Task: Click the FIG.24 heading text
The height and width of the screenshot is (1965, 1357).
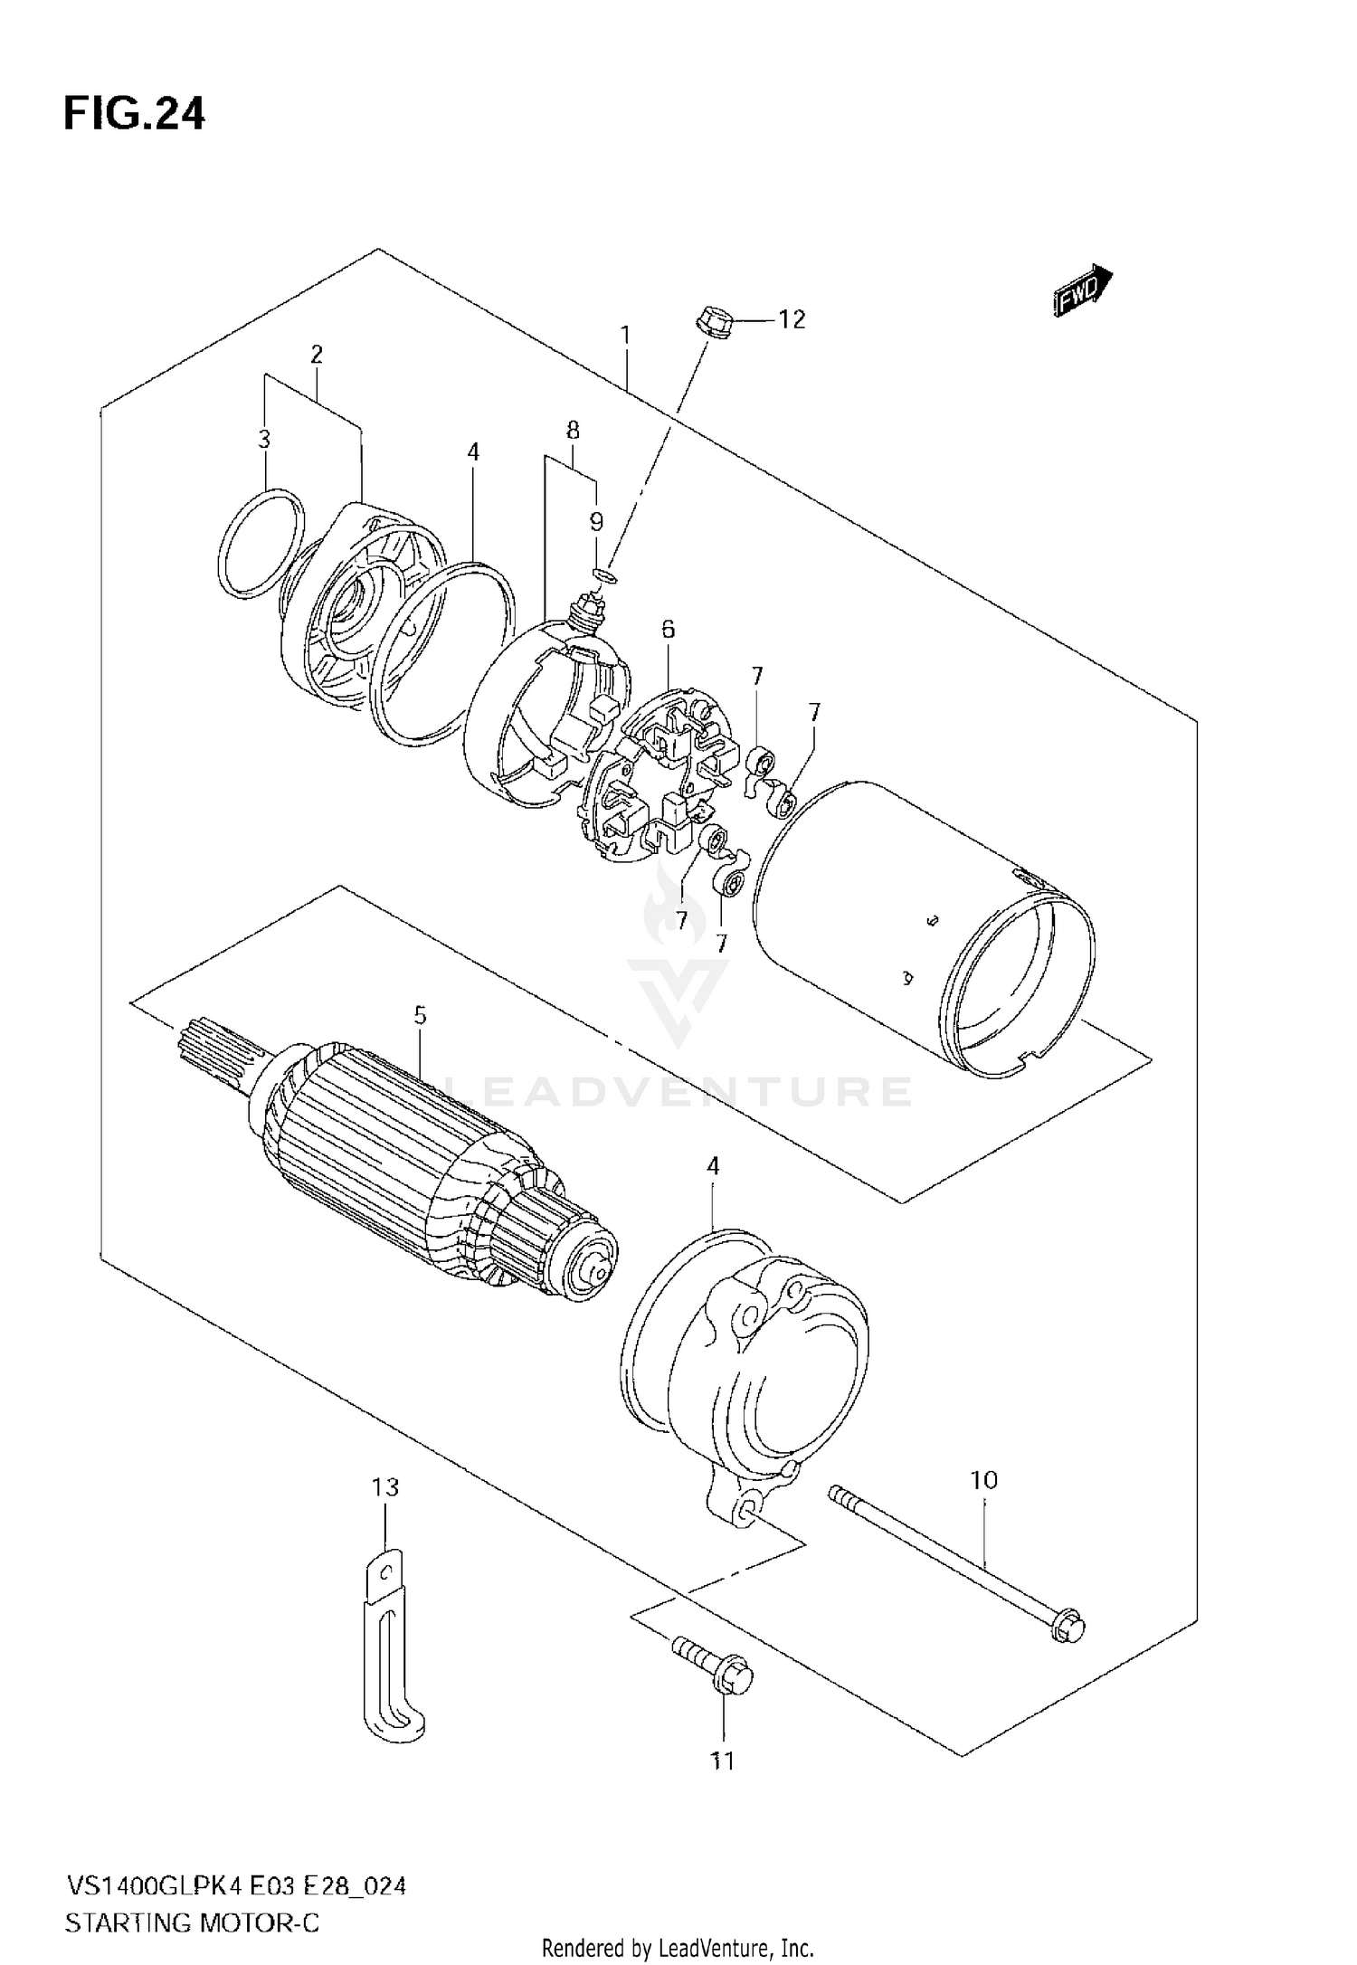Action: point(134,115)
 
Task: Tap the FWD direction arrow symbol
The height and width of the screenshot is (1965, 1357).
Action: point(1082,290)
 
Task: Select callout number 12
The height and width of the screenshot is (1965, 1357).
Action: point(792,320)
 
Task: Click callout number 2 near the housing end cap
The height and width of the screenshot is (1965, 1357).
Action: point(316,355)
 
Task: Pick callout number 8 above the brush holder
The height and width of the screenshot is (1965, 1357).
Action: point(573,431)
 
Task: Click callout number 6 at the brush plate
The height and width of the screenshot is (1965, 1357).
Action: point(668,628)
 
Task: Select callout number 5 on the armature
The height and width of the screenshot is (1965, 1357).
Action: point(420,1016)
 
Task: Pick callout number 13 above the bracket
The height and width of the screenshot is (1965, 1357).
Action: point(384,1486)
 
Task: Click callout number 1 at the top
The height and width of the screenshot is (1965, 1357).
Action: point(624,336)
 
